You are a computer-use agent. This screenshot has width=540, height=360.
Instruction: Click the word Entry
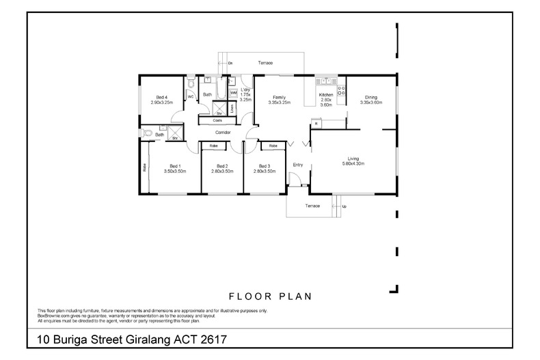(x=297, y=165)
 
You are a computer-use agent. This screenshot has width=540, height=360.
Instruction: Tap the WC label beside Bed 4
(x=191, y=97)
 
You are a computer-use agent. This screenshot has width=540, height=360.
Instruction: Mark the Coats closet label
(x=217, y=120)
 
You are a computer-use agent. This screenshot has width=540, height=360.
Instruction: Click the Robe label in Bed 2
(x=213, y=146)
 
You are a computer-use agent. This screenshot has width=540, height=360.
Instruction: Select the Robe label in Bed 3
(x=273, y=146)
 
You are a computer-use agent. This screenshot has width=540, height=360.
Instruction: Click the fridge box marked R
(x=315, y=123)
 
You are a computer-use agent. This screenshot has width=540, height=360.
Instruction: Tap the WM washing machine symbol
(x=233, y=102)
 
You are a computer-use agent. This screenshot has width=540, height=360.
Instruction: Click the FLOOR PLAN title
(x=270, y=296)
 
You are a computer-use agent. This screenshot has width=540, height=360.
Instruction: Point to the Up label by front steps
(x=344, y=206)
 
